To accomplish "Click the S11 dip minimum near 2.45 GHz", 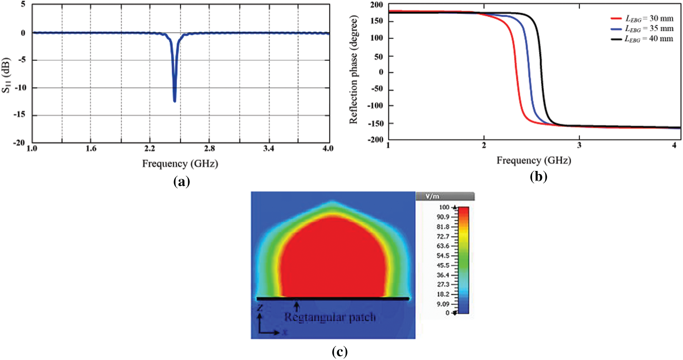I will [174, 101].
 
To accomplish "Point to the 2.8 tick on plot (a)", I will [209, 149].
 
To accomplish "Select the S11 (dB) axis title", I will [6, 75].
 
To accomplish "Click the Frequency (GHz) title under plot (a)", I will [180, 164].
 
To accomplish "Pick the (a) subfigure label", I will [181, 182].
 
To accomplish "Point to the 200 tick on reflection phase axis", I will [376, 5].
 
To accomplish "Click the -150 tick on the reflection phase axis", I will [376, 124].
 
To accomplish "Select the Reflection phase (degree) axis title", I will [353, 70].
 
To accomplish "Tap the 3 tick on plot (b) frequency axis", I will [579, 145].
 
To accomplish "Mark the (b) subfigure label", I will [538, 177].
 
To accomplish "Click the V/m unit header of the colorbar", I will [433, 196].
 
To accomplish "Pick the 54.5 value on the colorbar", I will [443, 256].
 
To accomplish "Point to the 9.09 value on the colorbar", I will [443, 304].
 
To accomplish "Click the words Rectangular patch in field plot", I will [330, 317].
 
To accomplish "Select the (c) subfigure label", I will [340, 352].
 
